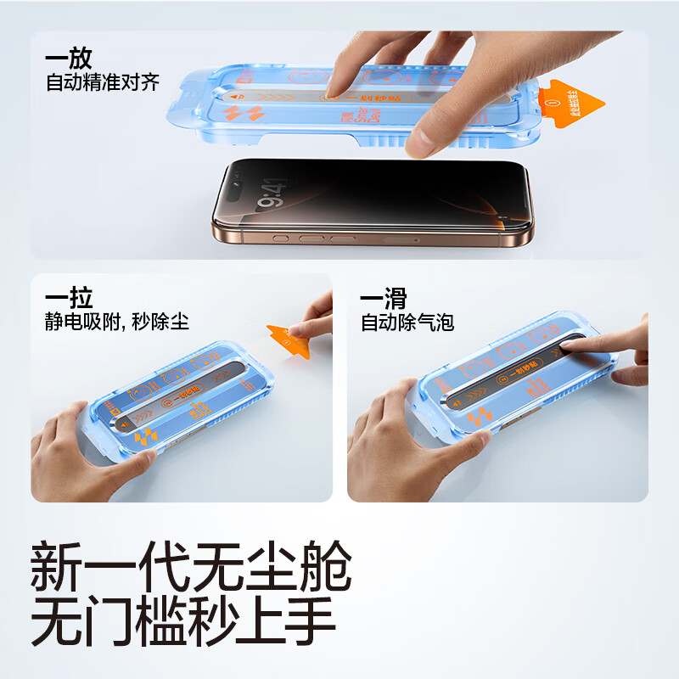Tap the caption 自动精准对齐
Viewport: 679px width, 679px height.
(103, 83)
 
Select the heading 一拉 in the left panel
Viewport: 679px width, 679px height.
(69, 298)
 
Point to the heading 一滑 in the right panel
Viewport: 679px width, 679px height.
(384, 298)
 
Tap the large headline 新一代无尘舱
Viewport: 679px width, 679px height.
(191, 566)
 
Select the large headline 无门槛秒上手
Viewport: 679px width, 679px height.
(183, 626)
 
